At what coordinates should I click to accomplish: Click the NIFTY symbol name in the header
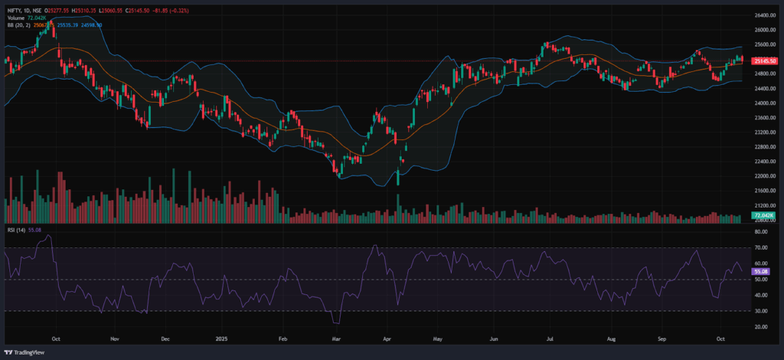pos(12,11)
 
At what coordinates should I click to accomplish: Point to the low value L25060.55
pos(112,11)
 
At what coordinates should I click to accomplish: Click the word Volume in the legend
pos(15,18)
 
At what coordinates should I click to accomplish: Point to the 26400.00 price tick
pos(763,15)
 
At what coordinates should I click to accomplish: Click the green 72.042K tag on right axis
pos(762,217)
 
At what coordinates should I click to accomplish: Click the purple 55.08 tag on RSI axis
pos(759,272)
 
